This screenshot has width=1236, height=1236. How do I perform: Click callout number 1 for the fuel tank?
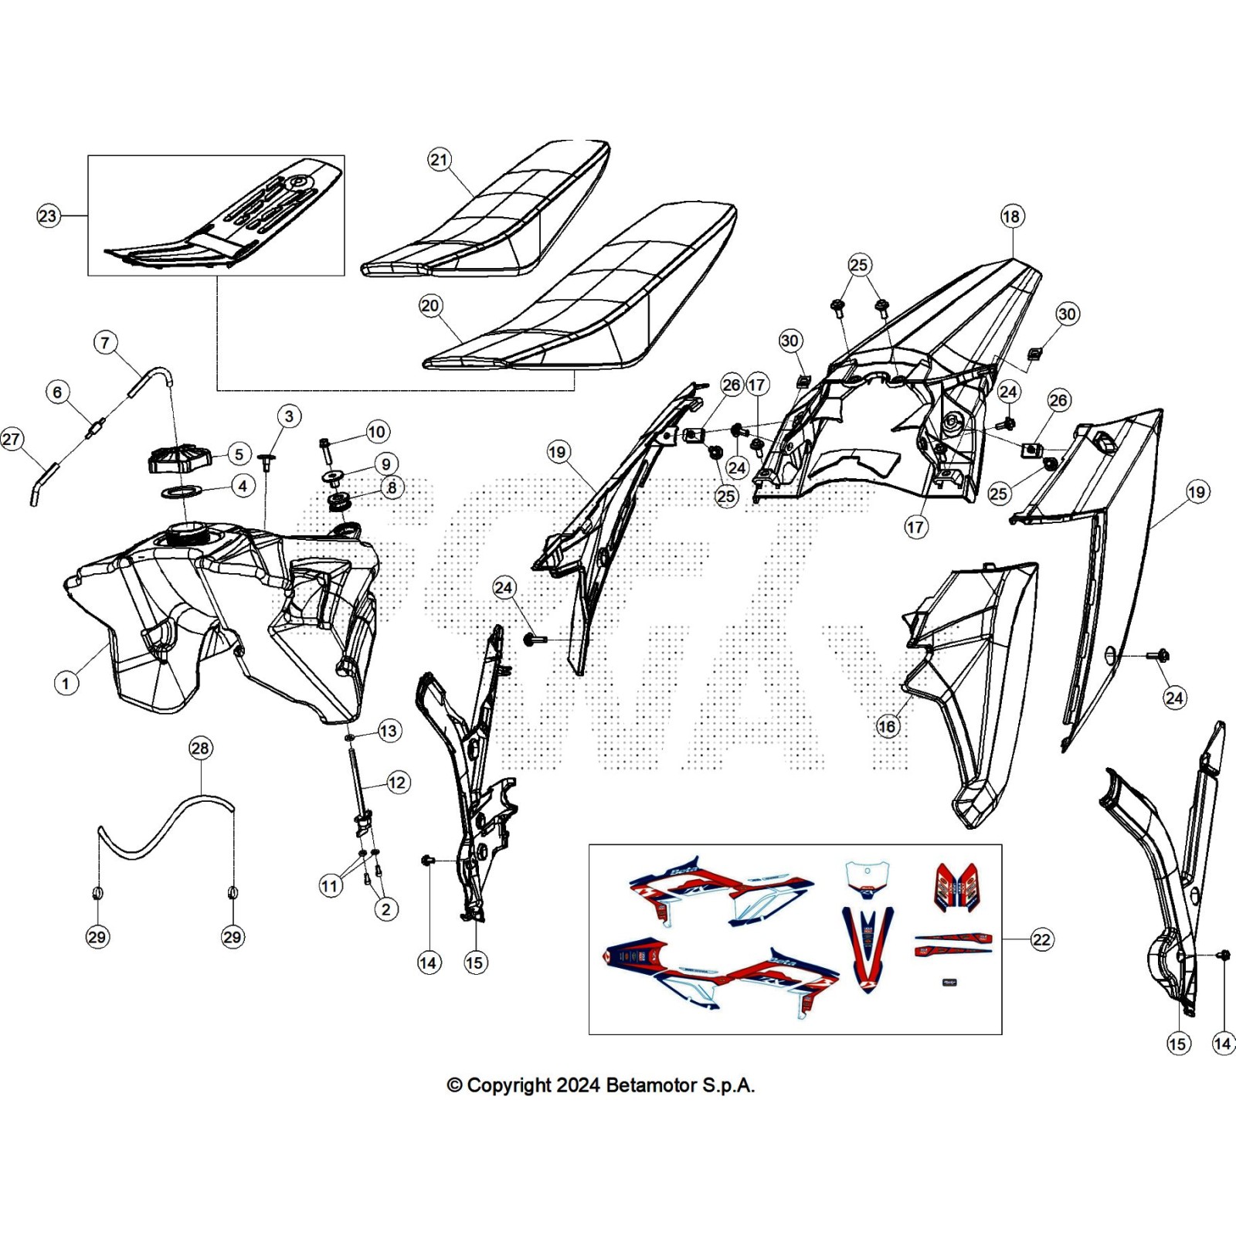coord(66,683)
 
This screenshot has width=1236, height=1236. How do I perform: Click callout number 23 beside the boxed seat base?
coord(48,216)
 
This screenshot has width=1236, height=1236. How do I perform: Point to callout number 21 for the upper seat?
coord(439,160)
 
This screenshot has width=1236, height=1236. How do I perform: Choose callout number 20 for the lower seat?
coord(430,305)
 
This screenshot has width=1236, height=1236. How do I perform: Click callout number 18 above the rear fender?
coord(1011,216)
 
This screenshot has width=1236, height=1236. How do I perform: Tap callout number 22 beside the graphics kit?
coord(1041,939)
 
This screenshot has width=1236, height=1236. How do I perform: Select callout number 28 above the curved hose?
coord(200,748)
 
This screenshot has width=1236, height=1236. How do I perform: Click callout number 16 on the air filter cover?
coord(887,726)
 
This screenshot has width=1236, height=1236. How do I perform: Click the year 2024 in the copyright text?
coord(578,1085)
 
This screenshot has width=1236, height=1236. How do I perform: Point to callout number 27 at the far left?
coord(11,440)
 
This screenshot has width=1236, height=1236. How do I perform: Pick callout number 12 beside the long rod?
coord(397,783)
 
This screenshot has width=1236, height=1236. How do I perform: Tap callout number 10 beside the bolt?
coord(377,431)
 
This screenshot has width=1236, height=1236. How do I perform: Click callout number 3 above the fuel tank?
coord(289,416)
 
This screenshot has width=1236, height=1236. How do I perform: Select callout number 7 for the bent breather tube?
coord(106,342)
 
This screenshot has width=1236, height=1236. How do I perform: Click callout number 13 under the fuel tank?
coord(389,730)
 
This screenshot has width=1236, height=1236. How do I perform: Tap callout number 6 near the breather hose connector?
coord(57,392)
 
